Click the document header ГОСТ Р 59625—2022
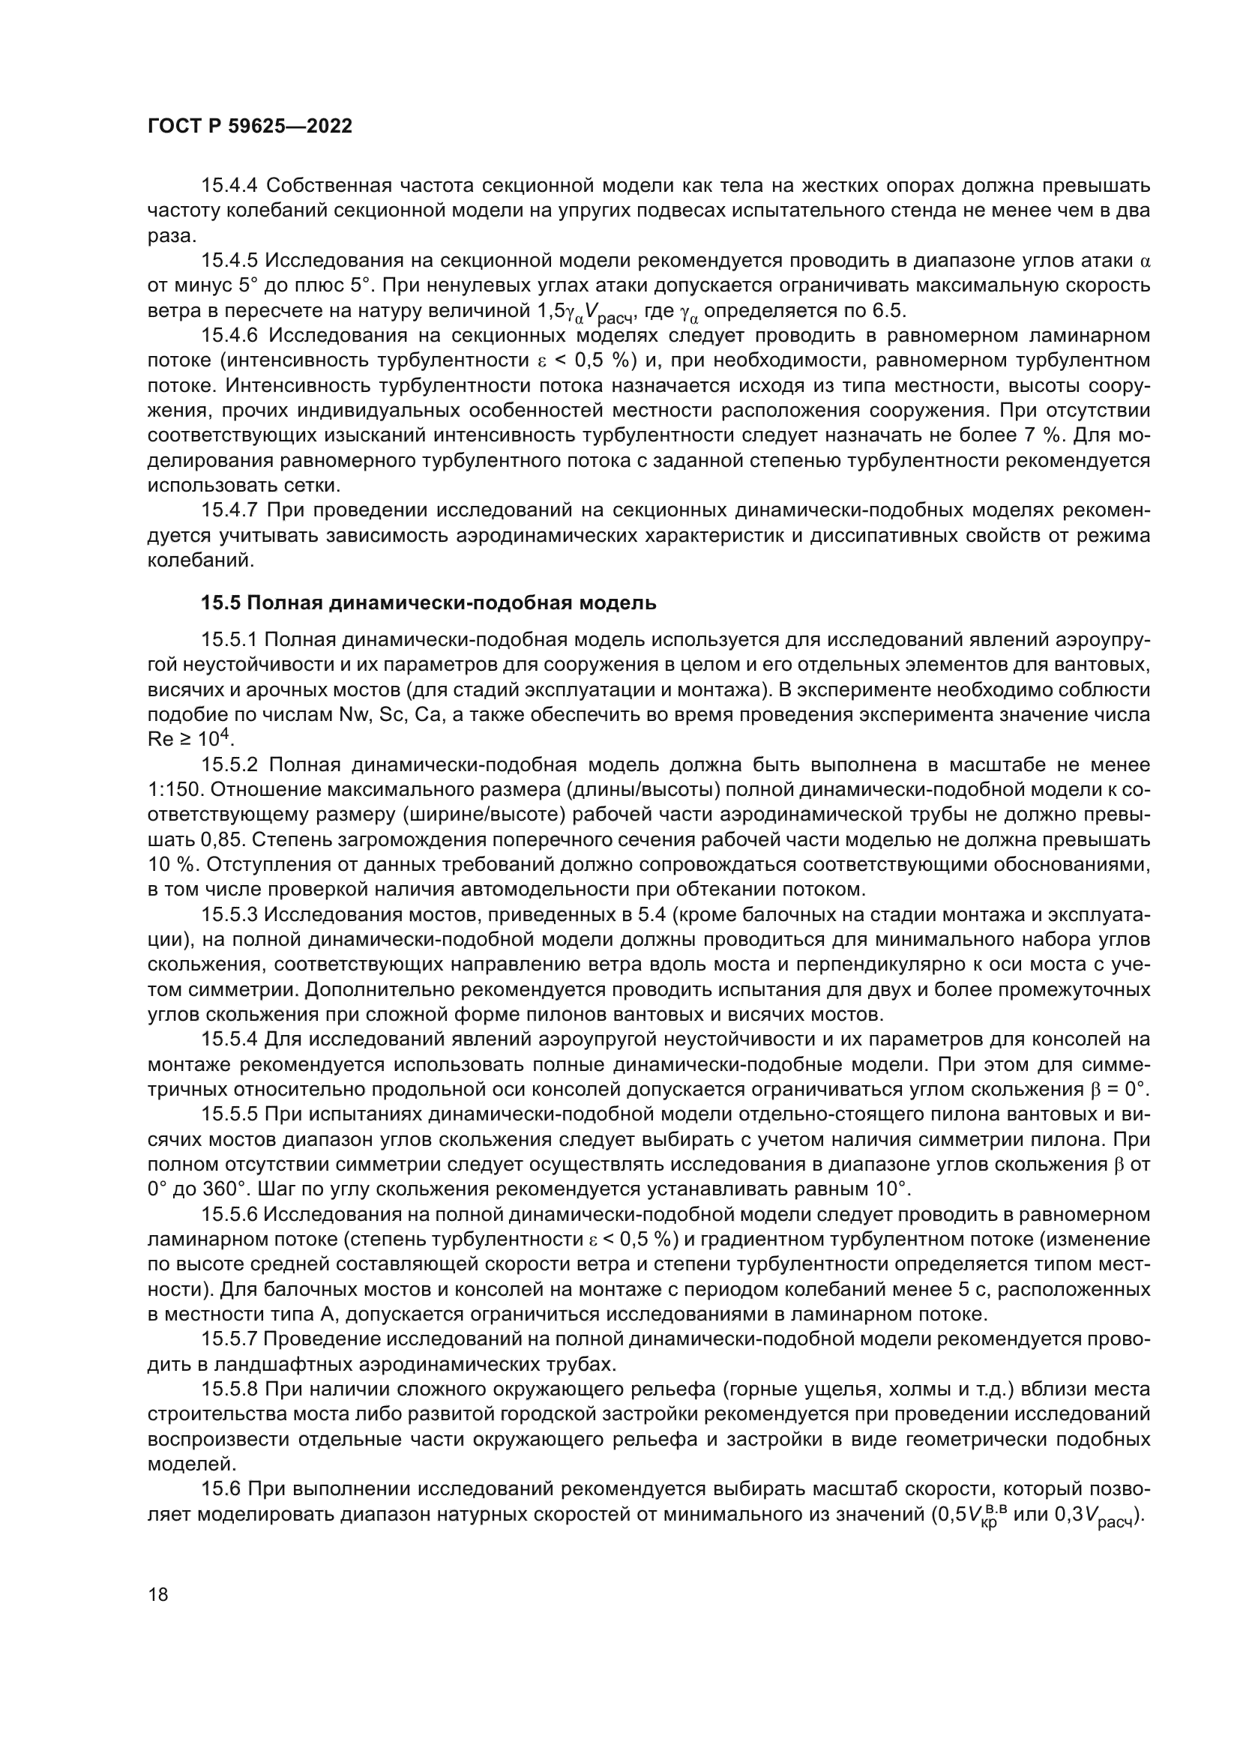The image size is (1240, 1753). tap(250, 127)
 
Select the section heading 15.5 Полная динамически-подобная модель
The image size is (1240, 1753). tap(427, 603)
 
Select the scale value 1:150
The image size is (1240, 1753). tap(173, 790)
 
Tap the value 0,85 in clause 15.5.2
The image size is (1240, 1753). tap(223, 840)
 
